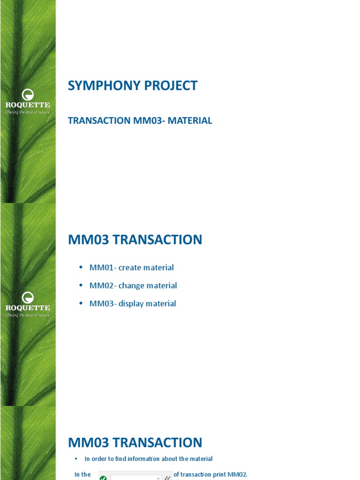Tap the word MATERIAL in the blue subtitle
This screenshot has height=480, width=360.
[190, 120]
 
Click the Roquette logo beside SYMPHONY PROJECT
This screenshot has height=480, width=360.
[28, 101]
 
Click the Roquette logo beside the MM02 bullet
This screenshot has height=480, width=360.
[28, 304]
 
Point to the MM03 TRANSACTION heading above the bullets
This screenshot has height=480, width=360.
[135, 240]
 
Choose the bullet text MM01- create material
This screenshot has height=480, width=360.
[132, 268]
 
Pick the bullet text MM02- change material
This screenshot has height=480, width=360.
[133, 285]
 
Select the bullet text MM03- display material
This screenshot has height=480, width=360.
[133, 303]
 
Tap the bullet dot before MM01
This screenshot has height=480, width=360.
[80, 268]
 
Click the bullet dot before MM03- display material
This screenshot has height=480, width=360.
[80, 303]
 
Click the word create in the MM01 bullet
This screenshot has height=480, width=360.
[131, 268]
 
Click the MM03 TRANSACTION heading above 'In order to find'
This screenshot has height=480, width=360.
[135, 442]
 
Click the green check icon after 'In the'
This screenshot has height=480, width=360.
[103, 478]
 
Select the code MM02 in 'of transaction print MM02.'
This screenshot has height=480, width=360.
[237, 474]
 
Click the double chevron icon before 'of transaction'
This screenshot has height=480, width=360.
[167, 478]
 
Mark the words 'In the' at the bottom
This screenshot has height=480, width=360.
[83, 474]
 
